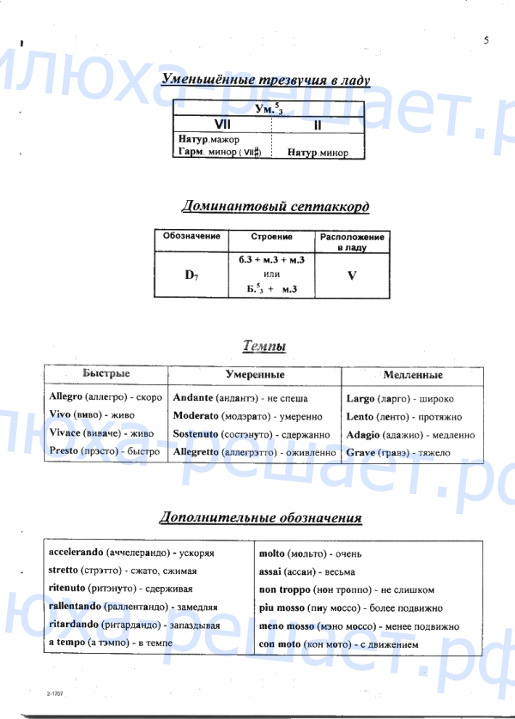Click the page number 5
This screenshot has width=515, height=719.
486,40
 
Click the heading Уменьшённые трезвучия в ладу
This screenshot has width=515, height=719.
266,81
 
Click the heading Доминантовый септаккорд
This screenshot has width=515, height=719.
276,206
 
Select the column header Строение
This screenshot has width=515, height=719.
272,237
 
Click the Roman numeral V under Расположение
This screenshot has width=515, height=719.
351,276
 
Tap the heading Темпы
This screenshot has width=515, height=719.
264,346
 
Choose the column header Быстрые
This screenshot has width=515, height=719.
106,375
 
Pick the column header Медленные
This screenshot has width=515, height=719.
412,376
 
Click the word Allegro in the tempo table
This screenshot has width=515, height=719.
66,398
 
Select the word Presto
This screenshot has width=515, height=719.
64,451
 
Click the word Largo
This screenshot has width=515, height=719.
360,398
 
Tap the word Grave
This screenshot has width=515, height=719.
360,452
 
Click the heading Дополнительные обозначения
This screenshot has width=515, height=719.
261,518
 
